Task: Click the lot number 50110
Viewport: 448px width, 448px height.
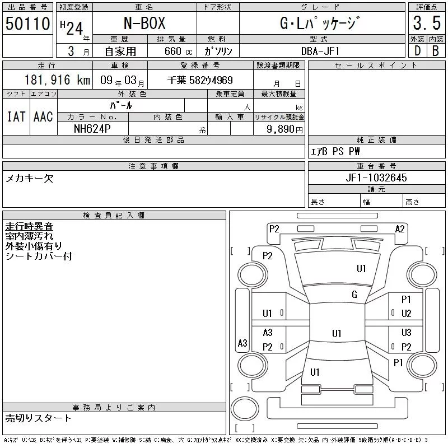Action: coord(27,23)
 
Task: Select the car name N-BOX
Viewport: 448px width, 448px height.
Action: coord(144,23)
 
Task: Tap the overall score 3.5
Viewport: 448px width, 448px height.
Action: coord(427,23)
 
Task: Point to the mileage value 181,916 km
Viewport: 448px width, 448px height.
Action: coord(57,80)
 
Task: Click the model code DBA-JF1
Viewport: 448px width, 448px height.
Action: coord(320,51)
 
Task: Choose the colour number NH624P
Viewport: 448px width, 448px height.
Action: coord(92,129)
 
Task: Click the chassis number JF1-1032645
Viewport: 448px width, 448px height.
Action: coord(376,178)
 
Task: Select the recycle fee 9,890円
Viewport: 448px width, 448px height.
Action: coord(284,129)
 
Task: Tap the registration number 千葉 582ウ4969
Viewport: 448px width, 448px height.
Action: coord(200,80)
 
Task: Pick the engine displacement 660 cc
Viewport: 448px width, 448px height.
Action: coord(178,51)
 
